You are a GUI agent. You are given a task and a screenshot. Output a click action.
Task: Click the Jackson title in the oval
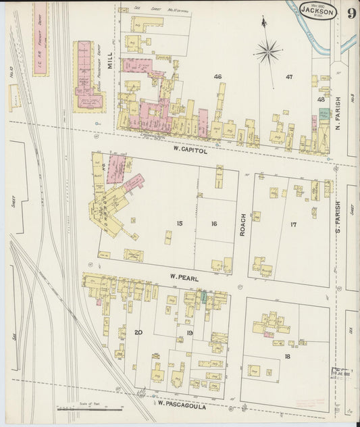[317, 11]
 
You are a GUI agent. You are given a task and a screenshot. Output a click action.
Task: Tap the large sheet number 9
[352, 14]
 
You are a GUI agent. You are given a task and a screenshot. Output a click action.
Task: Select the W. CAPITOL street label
[189, 151]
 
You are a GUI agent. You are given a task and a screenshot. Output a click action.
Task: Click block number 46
[217, 76]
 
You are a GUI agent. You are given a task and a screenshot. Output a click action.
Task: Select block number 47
[289, 76]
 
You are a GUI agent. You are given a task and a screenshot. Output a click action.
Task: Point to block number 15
[180, 224]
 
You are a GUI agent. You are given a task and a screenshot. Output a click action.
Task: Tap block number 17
[293, 224]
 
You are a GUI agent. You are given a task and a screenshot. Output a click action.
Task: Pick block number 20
[138, 332]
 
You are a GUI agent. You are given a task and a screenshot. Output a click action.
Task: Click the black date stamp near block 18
[342, 370]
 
